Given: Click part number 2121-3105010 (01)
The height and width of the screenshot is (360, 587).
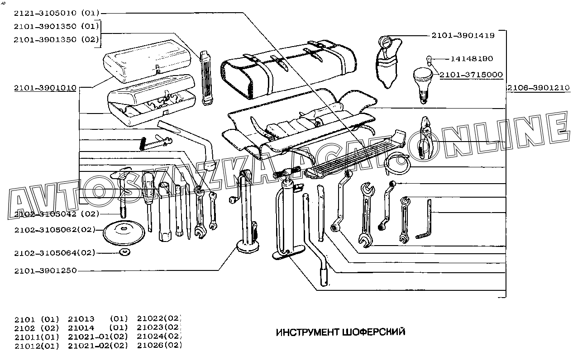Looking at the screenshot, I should pyautogui.click(x=57, y=13).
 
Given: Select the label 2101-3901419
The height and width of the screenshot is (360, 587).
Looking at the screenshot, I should pyautogui.click(x=463, y=35).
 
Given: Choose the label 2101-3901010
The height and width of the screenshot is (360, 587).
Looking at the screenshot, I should pyautogui.click(x=45, y=88).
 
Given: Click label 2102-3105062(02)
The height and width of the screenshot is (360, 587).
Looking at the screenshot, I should pyautogui.click(x=55, y=230).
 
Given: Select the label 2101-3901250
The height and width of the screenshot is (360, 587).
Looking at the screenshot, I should pyautogui.click(x=45, y=270).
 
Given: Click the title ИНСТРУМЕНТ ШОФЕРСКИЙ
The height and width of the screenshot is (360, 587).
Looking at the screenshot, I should pyautogui.click(x=340, y=332).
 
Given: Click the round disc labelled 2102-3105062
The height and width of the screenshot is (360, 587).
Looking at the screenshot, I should pyautogui.click(x=124, y=232).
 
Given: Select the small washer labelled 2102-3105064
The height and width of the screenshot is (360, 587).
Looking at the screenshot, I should pyautogui.click(x=123, y=252).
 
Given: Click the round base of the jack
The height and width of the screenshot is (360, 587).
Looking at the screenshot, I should pyautogui.click(x=248, y=246).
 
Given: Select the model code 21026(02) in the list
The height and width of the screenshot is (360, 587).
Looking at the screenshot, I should pyautogui.click(x=159, y=346).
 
